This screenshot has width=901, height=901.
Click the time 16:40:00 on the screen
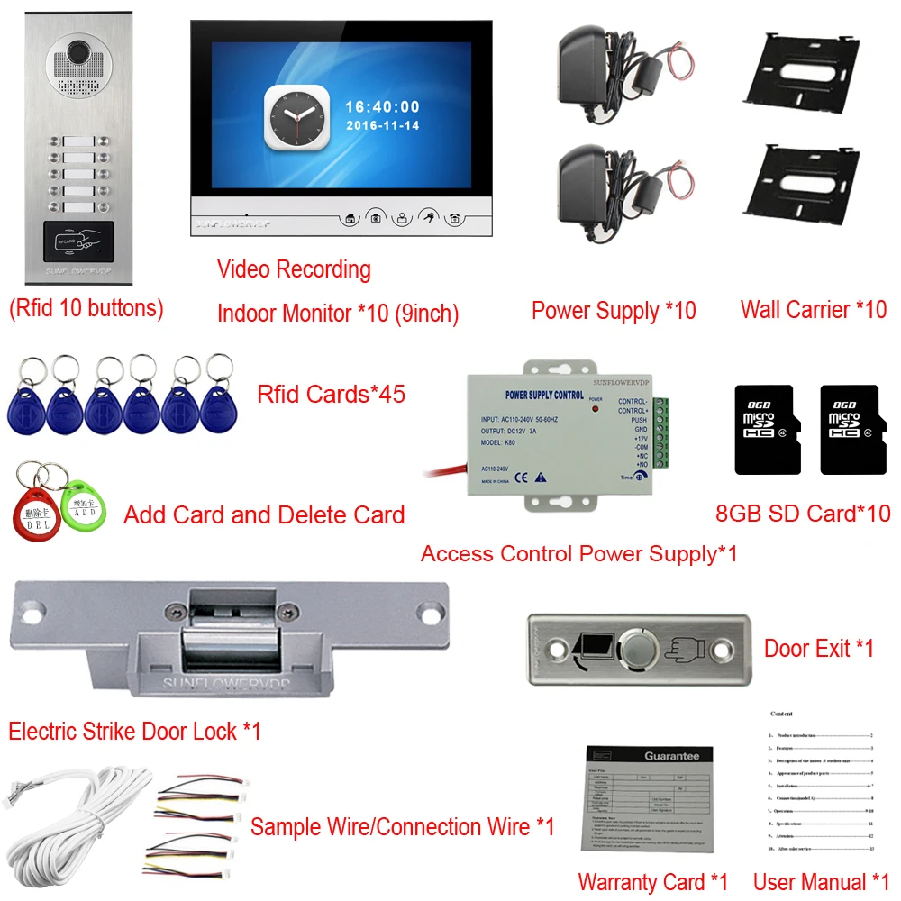click(x=382, y=107)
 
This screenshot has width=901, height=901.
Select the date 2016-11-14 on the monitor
click(x=382, y=126)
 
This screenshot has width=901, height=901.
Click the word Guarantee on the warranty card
click(x=671, y=756)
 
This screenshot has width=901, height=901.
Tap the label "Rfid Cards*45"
click(x=331, y=394)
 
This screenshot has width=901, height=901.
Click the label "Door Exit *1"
click(x=819, y=648)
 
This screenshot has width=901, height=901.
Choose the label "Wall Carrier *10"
click(x=813, y=310)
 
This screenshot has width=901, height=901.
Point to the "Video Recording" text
click(x=294, y=269)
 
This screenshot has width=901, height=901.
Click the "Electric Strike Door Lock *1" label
click(x=134, y=731)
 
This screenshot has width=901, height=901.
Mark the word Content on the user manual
click(x=781, y=714)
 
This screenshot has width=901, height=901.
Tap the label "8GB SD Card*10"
click(x=802, y=514)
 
